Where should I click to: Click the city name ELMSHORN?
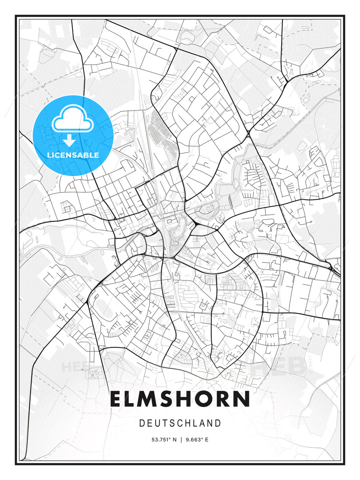tap(180, 399)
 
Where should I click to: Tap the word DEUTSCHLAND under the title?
tap(180, 423)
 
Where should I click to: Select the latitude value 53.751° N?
tap(164, 440)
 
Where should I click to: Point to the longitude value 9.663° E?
tap(197, 440)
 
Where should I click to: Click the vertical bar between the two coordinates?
tap(181, 440)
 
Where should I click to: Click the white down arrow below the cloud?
tap(69, 140)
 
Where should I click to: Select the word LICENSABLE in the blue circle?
tap(73, 155)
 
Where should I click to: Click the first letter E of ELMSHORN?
tap(116, 399)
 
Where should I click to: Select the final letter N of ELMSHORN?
tap(242, 399)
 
